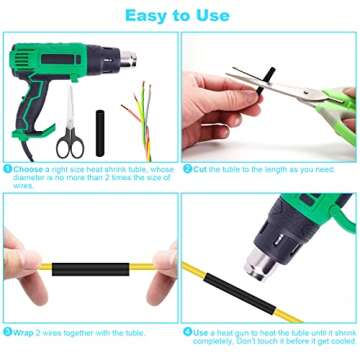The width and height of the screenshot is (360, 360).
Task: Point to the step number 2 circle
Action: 187,169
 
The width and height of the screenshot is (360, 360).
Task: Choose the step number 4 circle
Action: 187,331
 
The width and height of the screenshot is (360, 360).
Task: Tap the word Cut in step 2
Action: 199,169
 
